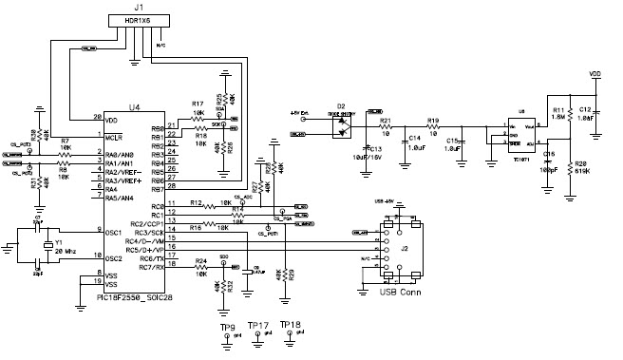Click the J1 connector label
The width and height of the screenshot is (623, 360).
(138, 8)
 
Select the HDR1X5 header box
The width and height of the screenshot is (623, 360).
(138, 21)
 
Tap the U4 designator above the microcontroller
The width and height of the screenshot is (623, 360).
(136, 107)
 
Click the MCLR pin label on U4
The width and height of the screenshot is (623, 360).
(116, 138)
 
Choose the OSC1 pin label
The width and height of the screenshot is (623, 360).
(114, 231)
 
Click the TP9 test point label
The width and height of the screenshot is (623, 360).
(227, 327)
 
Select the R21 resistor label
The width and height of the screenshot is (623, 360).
(386, 121)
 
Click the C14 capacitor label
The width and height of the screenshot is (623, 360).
(414, 138)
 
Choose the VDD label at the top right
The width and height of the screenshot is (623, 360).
(595, 73)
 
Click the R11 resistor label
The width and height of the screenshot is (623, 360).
(559, 110)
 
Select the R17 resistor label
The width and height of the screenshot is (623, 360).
(197, 103)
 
